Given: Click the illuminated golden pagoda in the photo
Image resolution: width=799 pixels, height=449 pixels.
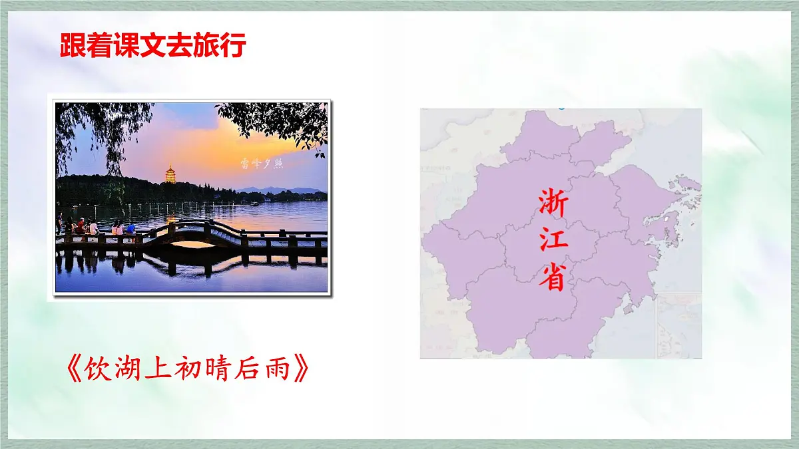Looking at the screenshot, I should [x=170, y=174].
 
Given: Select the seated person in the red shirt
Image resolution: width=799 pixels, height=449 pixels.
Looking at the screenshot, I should [x=81, y=227].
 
